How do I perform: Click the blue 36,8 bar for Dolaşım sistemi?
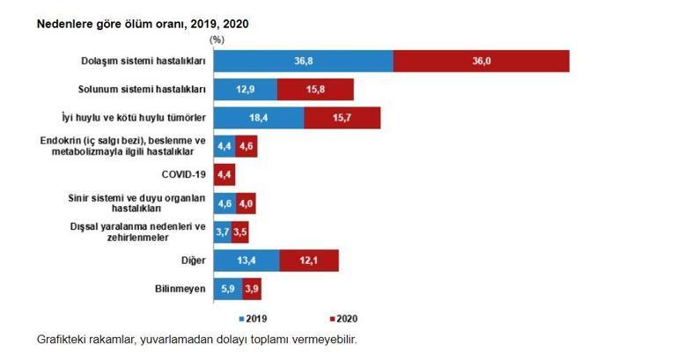tap(303, 61)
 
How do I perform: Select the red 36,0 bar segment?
tap(481, 61)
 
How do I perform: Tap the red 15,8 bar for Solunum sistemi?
tap(315, 90)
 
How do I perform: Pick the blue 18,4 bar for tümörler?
tap(258, 118)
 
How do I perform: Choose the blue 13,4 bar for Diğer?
tap(246, 260)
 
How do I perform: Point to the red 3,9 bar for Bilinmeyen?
tap(252, 289)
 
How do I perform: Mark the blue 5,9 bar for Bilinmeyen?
tap(227, 289)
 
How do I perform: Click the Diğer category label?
tap(193, 260)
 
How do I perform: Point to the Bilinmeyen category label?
tap(180, 289)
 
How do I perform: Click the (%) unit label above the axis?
tap(217, 40)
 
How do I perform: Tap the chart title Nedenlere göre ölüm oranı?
tap(142, 24)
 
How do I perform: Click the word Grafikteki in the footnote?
tap(63, 340)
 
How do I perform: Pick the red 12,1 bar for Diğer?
tap(309, 260)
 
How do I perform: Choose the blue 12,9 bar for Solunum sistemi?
tap(245, 90)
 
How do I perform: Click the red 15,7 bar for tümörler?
tap(342, 118)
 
